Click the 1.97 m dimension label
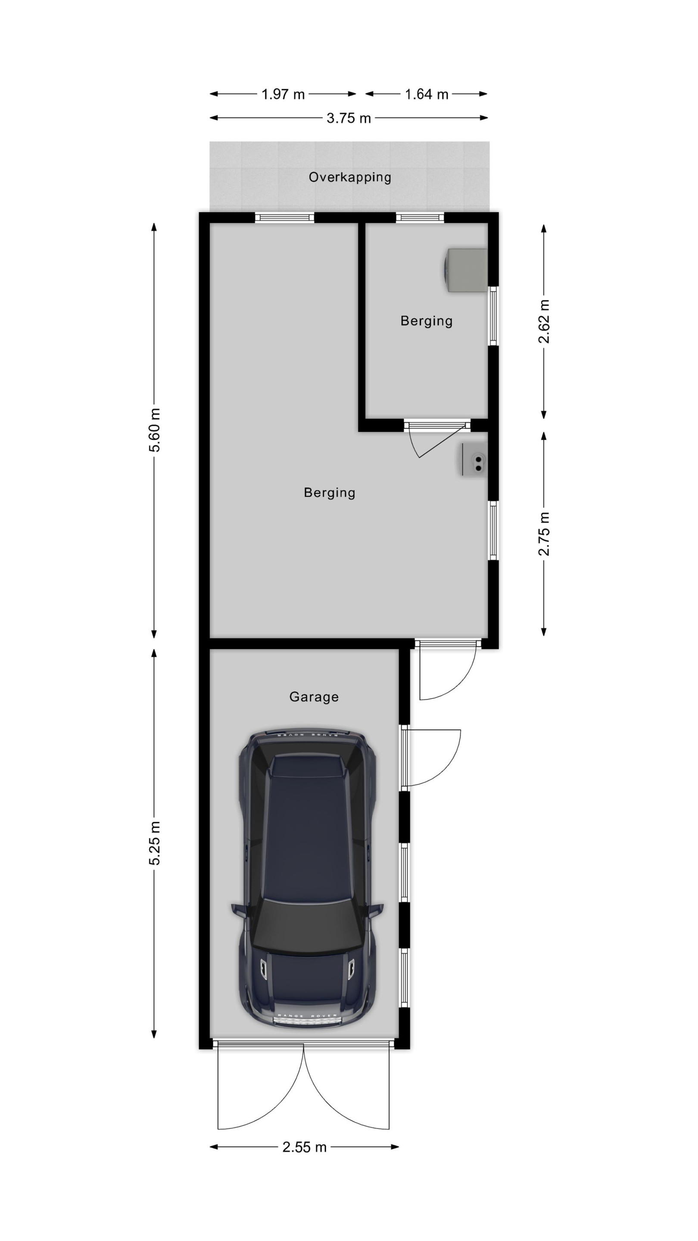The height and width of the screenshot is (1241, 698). tap(283, 94)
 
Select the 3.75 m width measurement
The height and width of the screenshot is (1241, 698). tap(349, 118)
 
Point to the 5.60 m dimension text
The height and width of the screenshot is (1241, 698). tap(154, 430)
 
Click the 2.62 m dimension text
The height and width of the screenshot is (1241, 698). tap(544, 321)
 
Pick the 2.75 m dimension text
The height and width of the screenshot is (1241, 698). tap(544, 534)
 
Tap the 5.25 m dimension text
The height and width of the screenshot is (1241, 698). tap(154, 843)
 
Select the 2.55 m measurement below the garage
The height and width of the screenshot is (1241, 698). tap(305, 1147)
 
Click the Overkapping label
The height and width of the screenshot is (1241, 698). tap(350, 177)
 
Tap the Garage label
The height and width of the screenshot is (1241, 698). tap(314, 697)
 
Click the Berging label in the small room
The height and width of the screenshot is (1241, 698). tap(426, 321)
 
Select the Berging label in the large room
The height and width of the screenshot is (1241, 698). tap(330, 493)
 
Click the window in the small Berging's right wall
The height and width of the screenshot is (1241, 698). tap(493, 316)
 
